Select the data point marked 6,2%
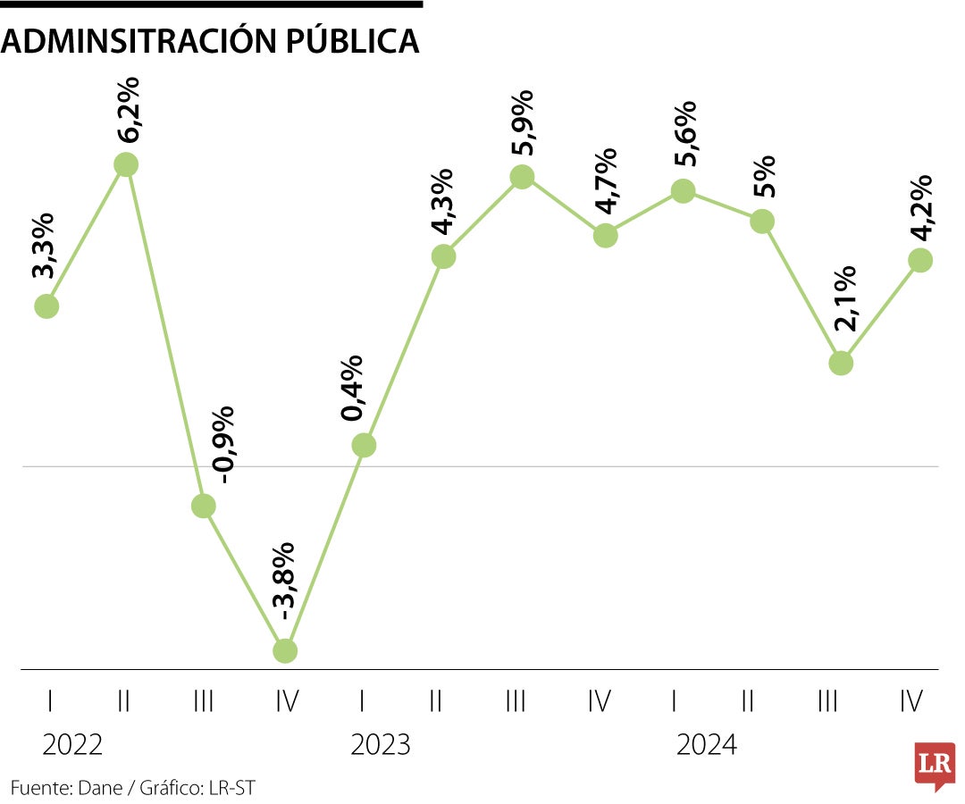click(x=126, y=164)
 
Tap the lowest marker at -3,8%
click(x=284, y=650)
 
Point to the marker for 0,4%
click(x=363, y=445)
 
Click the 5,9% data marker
click(x=523, y=177)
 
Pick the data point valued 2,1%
click(x=841, y=363)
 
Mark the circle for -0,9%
click(x=204, y=506)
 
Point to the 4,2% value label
click(x=920, y=206)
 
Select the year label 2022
click(x=71, y=744)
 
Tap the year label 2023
click(x=381, y=744)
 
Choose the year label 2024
click(x=707, y=744)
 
